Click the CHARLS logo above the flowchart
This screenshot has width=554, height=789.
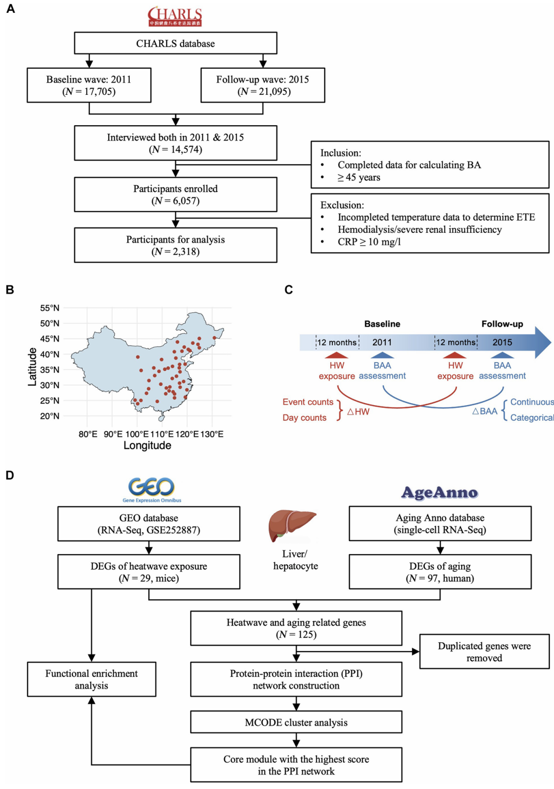[175, 16]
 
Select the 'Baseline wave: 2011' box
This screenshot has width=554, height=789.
[89, 85]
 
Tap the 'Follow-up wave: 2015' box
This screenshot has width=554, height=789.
[263, 85]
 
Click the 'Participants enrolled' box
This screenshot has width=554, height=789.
[175, 194]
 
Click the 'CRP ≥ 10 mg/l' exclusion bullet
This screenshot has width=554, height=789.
[369, 242]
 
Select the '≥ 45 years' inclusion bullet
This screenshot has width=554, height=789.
[359, 177]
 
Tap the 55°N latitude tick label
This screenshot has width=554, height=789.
[50, 308]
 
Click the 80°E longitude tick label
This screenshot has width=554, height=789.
[88, 434]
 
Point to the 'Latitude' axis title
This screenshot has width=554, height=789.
[32, 367]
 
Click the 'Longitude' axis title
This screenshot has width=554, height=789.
[147, 445]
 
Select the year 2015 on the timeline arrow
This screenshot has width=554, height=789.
[502, 342]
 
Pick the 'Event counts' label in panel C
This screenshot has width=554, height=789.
[308, 402]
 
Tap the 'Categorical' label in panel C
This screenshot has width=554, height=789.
[532, 418]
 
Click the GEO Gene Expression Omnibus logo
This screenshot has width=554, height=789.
[152, 489]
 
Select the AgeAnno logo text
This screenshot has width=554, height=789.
[440, 492]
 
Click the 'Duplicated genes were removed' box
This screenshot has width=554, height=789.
[484, 652]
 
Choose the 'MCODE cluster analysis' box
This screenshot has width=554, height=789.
[296, 722]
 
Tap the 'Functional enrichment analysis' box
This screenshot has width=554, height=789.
[92, 679]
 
